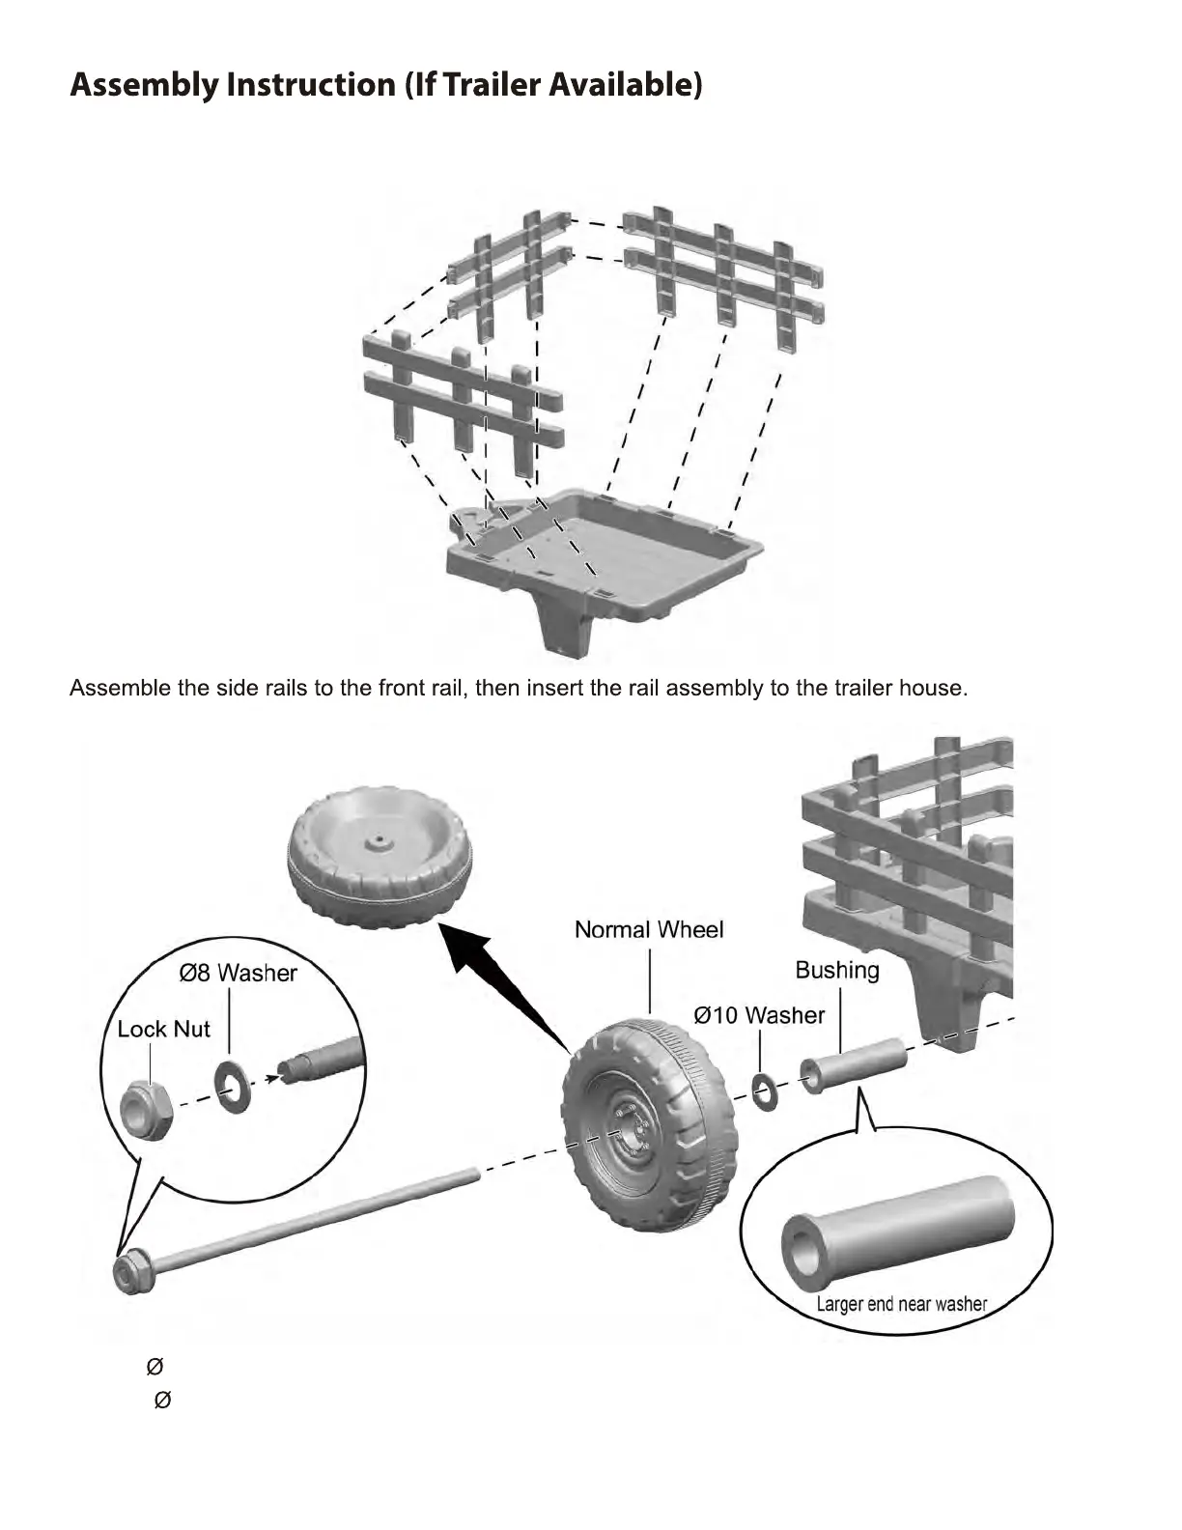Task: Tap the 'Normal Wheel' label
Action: pos(648,929)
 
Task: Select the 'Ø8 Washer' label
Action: pos(238,972)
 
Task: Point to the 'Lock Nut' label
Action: pos(163,1029)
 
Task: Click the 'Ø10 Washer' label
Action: pos(759,1015)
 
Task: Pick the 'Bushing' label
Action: pos(836,970)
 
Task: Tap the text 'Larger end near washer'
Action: pos(901,1304)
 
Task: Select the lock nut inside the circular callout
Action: pos(146,1107)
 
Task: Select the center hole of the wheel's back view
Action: pos(379,843)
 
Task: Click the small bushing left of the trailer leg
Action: pos(851,1065)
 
